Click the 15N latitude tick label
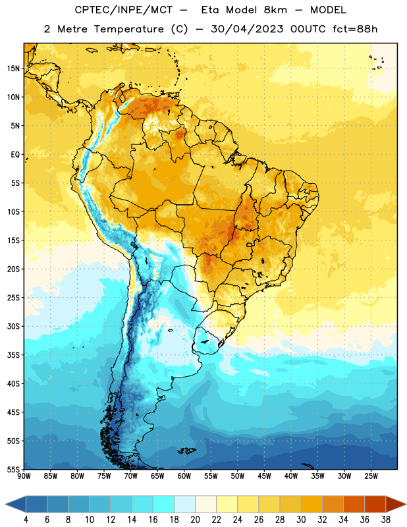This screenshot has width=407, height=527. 13,69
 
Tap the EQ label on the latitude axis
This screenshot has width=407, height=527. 15,155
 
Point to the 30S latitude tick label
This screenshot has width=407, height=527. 13,327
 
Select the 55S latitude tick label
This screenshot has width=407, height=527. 13,469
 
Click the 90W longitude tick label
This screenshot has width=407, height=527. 24,476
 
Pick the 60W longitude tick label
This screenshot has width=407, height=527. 184,476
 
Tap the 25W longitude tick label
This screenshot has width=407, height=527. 371,476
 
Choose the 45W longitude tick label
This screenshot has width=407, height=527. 264,476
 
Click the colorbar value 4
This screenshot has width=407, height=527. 26,520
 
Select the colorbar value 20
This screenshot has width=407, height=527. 195,520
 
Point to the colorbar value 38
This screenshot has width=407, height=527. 386,520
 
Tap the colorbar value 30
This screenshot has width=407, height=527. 301,520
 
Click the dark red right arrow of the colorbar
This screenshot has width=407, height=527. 395,505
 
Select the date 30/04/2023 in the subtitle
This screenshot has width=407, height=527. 247,29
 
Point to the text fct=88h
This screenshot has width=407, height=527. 355,29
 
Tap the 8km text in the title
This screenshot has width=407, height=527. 275,10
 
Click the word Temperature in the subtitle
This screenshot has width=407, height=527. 128,29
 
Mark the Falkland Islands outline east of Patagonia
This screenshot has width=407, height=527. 186,451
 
